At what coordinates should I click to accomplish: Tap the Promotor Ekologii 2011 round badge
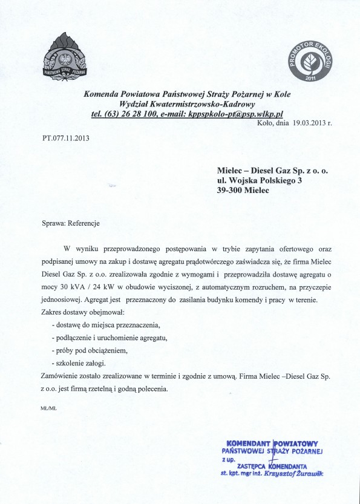(x=310, y=63)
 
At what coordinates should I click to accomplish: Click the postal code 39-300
(x=234, y=191)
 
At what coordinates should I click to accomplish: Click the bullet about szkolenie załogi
(x=79, y=363)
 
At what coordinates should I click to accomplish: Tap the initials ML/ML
(x=49, y=409)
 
